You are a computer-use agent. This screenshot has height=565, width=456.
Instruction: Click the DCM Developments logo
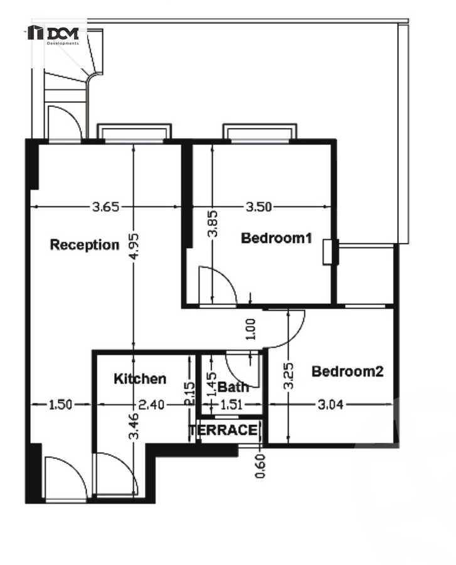(x=54, y=34)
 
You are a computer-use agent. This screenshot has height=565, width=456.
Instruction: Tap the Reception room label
(x=85, y=244)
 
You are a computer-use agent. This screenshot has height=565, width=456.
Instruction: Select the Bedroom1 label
(x=276, y=238)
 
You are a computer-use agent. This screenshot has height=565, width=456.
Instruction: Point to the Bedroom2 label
(x=347, y=371)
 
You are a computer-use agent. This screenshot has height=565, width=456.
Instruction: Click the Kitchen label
(x=140, y=379)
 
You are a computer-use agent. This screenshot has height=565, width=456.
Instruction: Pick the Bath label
(x=233, y=387)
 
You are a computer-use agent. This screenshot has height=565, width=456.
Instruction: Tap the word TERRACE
(x=223, y=430)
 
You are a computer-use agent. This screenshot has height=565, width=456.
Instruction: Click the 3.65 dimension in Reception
(x=105, y=207)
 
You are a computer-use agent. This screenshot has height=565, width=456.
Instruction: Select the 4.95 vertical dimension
(x=133, y=248)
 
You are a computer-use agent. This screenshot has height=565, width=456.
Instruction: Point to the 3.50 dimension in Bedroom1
(x=258, y=207)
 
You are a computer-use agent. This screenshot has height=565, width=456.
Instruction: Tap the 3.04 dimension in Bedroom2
(x=330, y=405)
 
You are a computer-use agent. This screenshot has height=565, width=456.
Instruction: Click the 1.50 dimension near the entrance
(x=60, y=405)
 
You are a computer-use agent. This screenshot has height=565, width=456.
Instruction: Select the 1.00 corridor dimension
(x=251, y=328)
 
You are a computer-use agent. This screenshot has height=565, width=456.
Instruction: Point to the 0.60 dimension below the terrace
(x=260, y=465)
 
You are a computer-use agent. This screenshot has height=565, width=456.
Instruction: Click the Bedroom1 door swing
(x=216, y=286)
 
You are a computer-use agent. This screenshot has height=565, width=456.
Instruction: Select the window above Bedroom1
(x=259, y=131)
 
